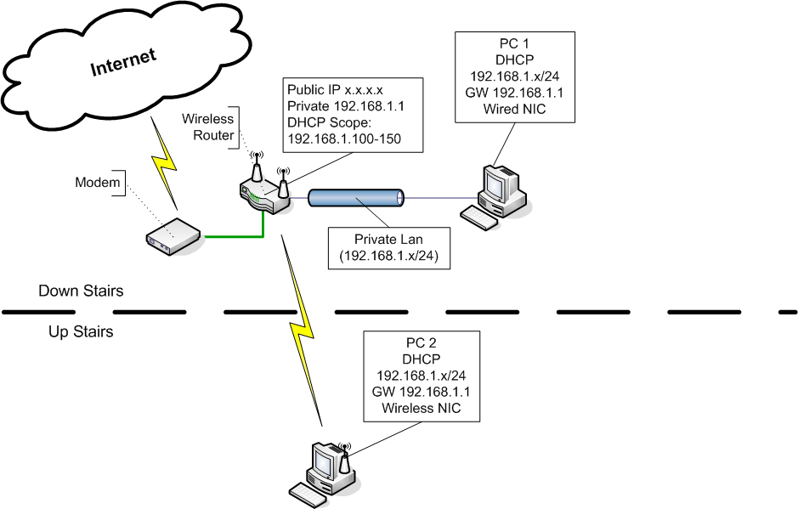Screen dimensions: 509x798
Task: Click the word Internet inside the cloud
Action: [123, 62]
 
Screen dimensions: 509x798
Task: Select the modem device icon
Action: [172, 235]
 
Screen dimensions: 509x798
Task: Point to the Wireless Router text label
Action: [207, 127]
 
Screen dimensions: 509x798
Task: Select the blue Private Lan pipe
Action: [355, 199]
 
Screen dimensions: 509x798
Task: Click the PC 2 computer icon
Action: [325, 471]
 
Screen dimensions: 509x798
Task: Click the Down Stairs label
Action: [81, 291]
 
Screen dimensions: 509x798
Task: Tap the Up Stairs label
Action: [81, 331]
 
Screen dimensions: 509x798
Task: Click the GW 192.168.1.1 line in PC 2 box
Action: [422, 391]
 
